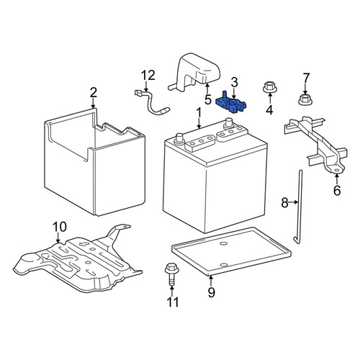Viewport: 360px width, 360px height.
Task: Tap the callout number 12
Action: (x=148, y=76)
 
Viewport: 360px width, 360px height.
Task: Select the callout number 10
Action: (x=60, y=227)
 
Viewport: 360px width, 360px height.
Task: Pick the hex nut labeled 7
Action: (x=305, y=100)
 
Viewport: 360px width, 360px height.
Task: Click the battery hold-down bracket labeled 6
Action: (x=318, y=144)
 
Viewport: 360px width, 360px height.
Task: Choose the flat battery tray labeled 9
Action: (x=231, y=251)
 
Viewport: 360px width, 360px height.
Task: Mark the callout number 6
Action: (x=337, y=190)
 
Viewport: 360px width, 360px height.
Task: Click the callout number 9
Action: (x=211, y=292)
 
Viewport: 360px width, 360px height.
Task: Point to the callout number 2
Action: (x=94, y=93)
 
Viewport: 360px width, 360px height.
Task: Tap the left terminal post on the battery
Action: (x=179, y=138)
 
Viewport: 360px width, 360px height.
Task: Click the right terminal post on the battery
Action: (x=228, y=122)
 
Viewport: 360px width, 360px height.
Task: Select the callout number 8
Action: (x=284, y=202)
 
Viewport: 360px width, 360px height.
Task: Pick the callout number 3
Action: (x=234, y=82)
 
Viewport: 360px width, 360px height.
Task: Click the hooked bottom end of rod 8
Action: (x=296, y=240)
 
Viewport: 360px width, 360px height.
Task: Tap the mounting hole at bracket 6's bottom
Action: (x=337, y=170)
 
